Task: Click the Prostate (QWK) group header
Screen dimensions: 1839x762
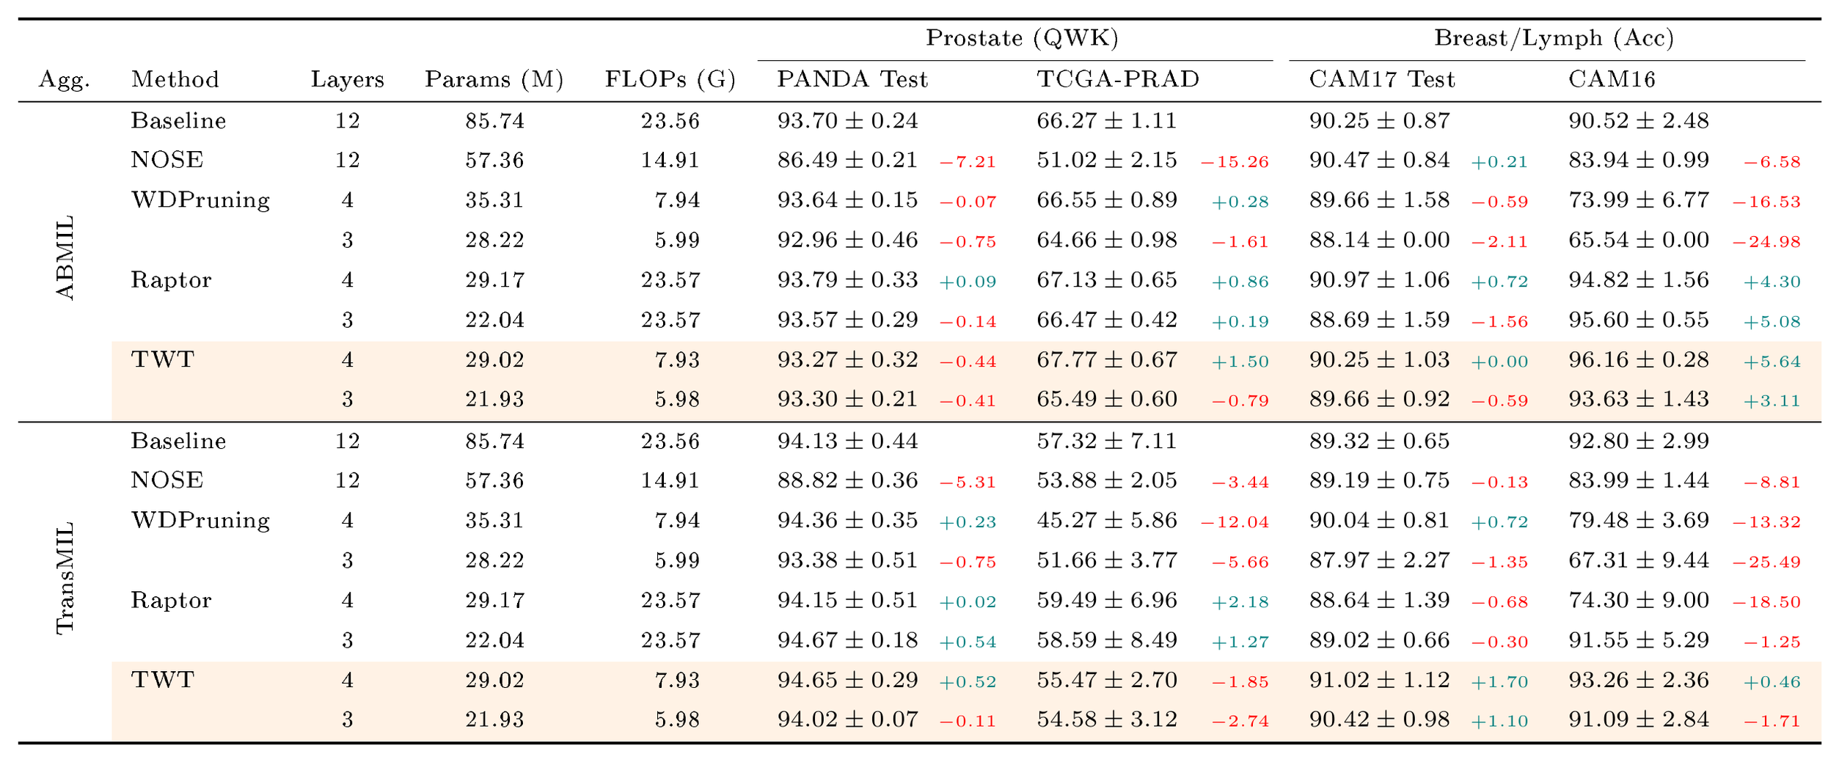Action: [x=1022, y=38]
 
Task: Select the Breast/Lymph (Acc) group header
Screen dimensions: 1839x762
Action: [x=1554, y=38]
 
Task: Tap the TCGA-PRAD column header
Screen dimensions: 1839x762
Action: [x=1118, y=79]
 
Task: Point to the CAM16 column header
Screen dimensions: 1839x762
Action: [x=1612, y=79]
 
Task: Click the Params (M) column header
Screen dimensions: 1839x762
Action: [x=494, y=79]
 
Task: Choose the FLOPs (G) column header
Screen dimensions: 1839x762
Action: [x=670, y=79]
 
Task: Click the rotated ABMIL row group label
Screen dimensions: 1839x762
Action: [x=65, y=258]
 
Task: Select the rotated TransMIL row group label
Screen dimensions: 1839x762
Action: [x=65, y=578]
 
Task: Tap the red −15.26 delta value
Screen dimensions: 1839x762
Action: [x=1235, y=162]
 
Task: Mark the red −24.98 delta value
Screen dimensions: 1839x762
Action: [x=1766, y=242]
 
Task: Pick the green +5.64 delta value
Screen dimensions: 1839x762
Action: [x=1772, y=362]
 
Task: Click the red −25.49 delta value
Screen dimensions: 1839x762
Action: [x=1766, y=563]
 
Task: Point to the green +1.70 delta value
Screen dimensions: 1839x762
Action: [x=1500, y=682]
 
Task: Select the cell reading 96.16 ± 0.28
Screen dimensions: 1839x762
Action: [x=1639, y=360]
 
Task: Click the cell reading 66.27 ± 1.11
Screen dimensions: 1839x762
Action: [x=1107, y=121]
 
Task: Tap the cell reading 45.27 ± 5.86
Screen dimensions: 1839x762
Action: [x=1107, y=521]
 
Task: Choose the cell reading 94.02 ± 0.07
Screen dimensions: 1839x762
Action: [x=848, y=720]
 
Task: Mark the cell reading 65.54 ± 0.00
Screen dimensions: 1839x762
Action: [x=1639, y=241]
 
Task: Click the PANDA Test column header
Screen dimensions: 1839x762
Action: [x=852, y=79]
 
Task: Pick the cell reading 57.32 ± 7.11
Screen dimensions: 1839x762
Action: [x=1107, y=442]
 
